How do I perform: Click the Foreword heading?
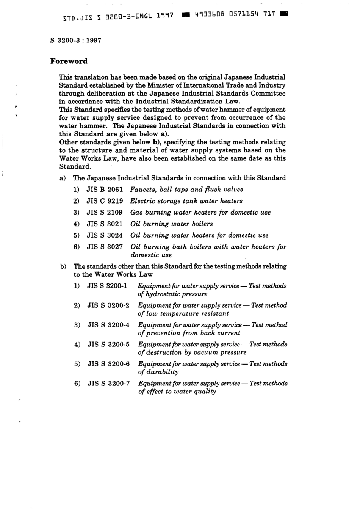click(x=69, y=61)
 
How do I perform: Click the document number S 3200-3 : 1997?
click(x=75, y=40)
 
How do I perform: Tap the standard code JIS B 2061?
click(x=105, y=190)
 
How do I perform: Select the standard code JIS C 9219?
click(x=105, y=201)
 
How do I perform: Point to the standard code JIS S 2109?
click(x=105, y=212)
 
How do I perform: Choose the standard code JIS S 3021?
click(x=105, y=224)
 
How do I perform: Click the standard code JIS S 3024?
click(x=105, y=235)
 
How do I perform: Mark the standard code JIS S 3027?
click(x=105, y=247)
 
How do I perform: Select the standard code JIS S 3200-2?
click(x=108, y=305)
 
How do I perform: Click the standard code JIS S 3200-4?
click(x=108, y=325)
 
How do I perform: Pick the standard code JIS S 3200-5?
click(x=108, y=344)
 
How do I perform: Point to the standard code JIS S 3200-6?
click(x=108, y=364)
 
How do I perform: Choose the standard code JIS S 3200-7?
click(x=108, y=383)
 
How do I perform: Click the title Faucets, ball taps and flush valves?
click(x=186, y=190)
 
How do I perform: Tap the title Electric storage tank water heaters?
click(x=186, y=201)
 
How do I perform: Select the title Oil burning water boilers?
click(x=171, y=224)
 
